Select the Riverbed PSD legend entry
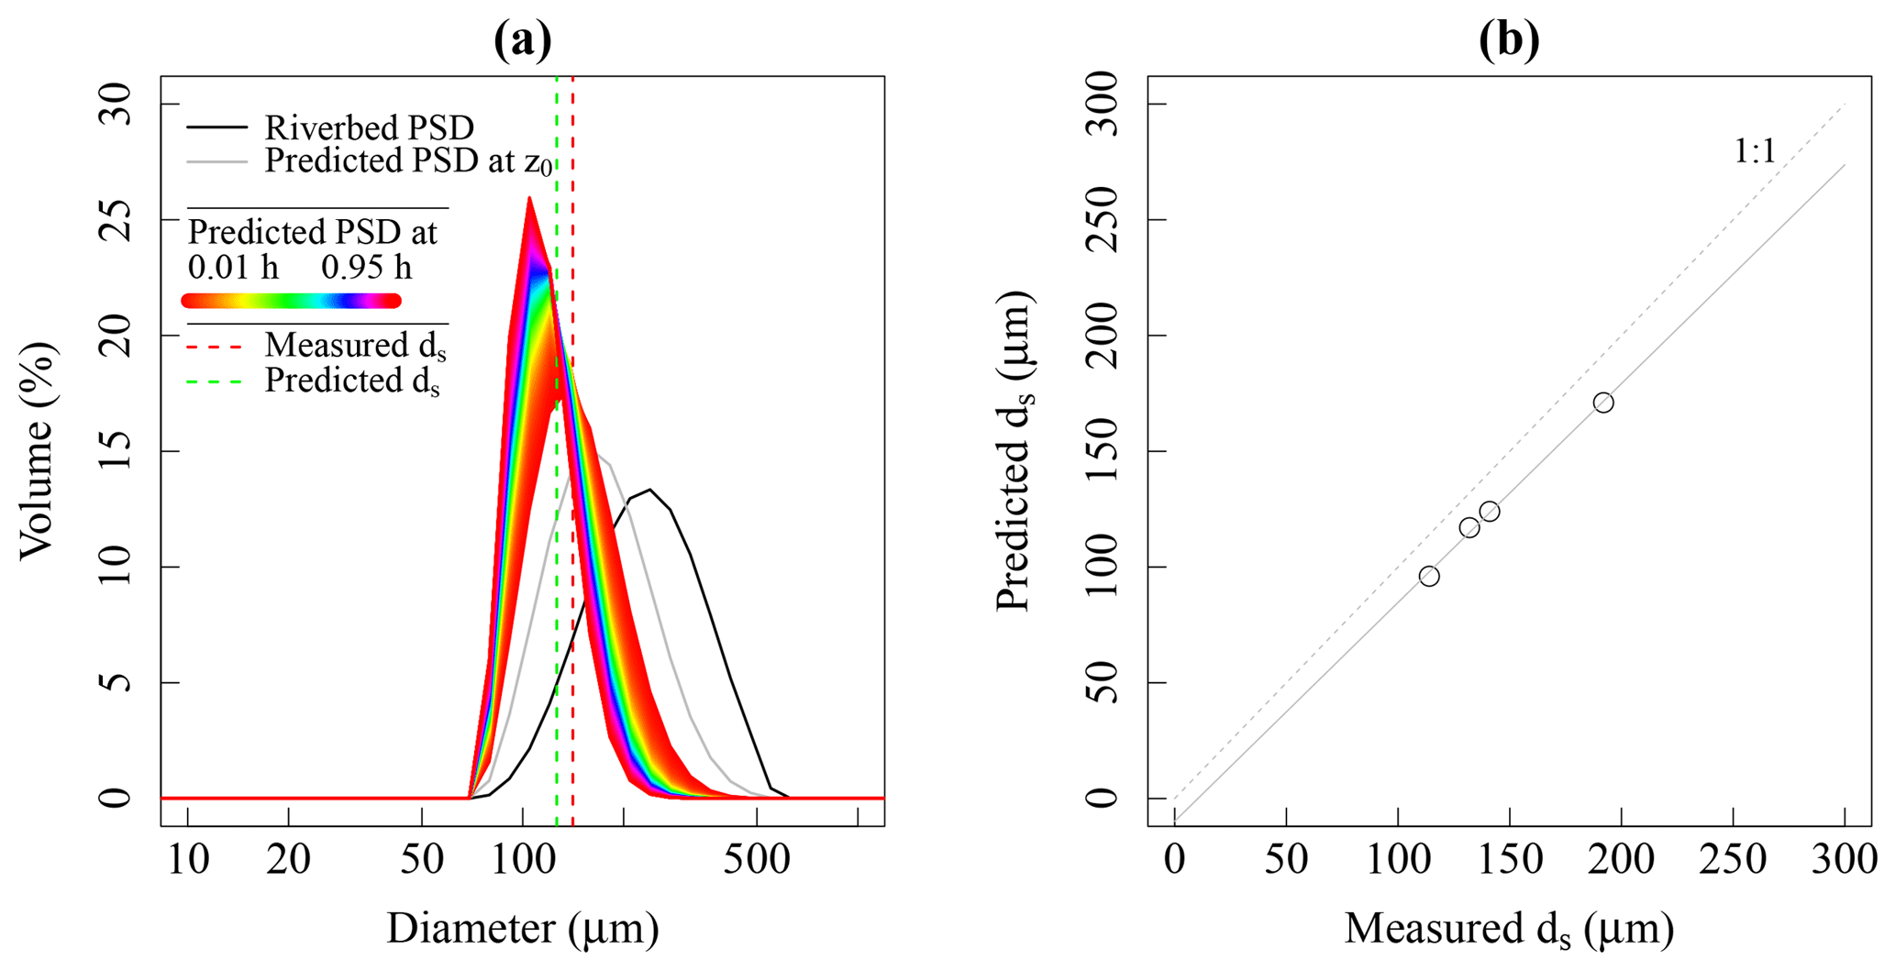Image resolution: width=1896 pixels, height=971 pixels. pyautogui.click(x=369, y=127)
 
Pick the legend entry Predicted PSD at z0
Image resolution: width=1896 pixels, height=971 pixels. pyautogui.click(x=408, y=161)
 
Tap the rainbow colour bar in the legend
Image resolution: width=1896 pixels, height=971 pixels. pyautogui.click(x=292, y=301)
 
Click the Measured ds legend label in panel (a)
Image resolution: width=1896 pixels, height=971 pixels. pyautogui.click(x=355, y=347)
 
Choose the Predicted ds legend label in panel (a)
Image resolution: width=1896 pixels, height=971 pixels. pyautogui.click(x=352, y=381)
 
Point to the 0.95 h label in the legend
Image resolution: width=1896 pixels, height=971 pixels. pyautogui.click(x=366, y=267)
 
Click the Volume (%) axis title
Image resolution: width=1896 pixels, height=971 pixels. pyautogui.click(x=37, y=450)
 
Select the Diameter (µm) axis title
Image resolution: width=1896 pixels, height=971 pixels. pyautogui.click(x=522, y=929)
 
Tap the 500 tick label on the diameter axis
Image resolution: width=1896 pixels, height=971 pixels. pyautogui.click(x=756, y=860)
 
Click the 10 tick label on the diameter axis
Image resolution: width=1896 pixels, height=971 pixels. pyautogui.click(x=188, y=860)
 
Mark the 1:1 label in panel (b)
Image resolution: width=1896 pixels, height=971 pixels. pyautogui.click(x=1754, y=151)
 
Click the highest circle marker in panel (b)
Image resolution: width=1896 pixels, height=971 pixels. pyautogui.click(x=1603, y=403)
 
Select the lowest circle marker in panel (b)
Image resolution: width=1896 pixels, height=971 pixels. pyautogui.click(x=1429, y=576)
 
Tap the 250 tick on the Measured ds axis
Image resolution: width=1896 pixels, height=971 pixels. pyautogui.click(x=1733, y=860)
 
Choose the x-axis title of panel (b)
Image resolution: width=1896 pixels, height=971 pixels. pyautogui.click(x=1509, y=929)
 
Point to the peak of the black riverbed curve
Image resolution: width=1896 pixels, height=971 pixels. pyautogui.click(x=650, y=490)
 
